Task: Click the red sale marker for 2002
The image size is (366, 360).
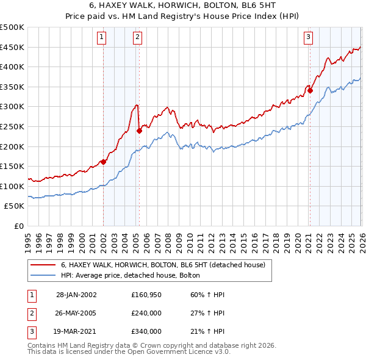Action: pyautogui.click(x=104, y=162)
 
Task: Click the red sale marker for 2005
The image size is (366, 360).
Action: pyautogui.click(x=139, y=130)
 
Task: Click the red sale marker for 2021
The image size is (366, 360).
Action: pyautogui.click(x=310, y=90)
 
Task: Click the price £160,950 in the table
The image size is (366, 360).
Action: pyautogui.click(x=146, y=294)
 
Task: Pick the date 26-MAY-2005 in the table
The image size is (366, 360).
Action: pyautogui.click(x=76, y=312)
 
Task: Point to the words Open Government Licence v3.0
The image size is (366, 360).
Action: pyautogui.click(x=187, y=352)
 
